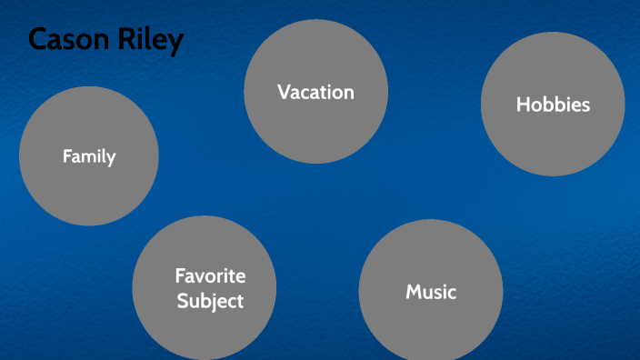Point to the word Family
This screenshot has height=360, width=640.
[89, 156]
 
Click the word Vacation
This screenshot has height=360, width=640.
[315, 92]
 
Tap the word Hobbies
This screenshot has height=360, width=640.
[553, 105]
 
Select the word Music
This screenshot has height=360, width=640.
[431, 292]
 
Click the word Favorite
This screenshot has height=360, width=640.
[210, 275]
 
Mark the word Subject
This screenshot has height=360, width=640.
[210, 300]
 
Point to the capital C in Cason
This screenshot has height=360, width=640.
[38, 40]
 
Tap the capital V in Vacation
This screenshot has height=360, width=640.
[284, 92]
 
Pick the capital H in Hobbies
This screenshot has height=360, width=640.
[523, 105]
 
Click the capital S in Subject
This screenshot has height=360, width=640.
[181, 300]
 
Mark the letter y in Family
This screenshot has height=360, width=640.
[111, 158]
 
